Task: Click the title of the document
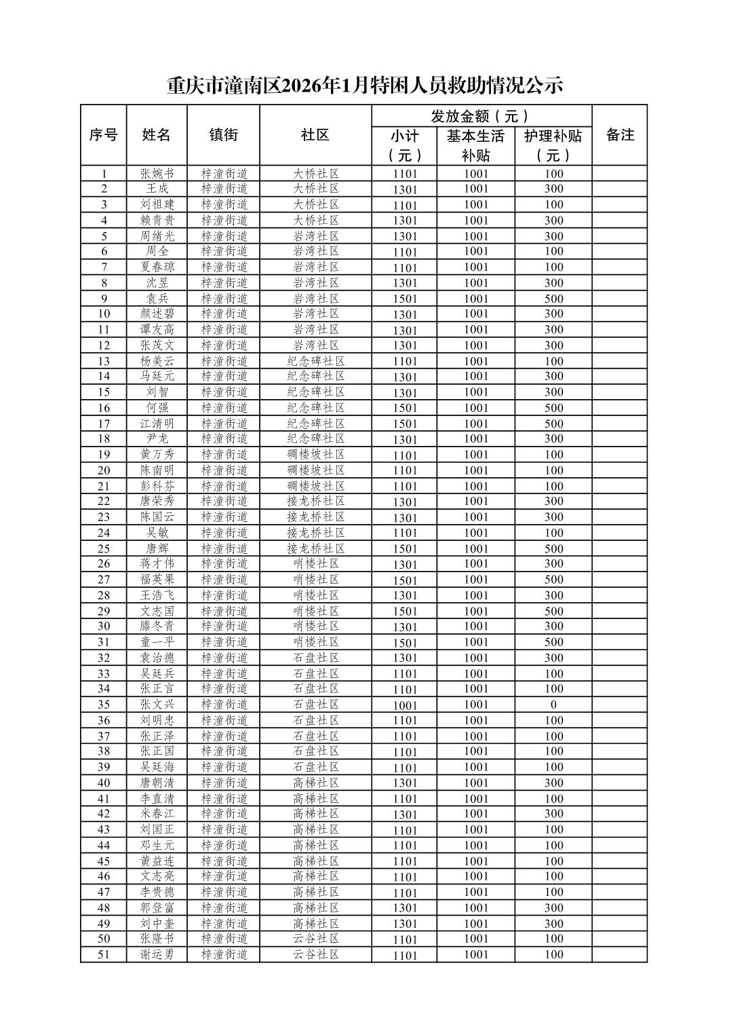pos(365,86)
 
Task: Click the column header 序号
pos(103,135)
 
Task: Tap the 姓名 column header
pos(156,135)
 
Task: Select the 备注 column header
pos(619,135)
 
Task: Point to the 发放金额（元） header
pos(481,116)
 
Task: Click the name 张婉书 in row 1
pos(157,173)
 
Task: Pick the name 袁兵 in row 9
pos(157,299)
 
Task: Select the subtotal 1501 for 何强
pos(405,408)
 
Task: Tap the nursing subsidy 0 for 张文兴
pos(553,705)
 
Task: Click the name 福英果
pos(157,580)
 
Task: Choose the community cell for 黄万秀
pos(315,455)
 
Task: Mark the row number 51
pos(104,954)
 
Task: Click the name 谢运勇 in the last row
pos(157,954)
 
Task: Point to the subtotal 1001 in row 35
pos(405,705)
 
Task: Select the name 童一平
pos(157,642)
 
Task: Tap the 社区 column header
pos(315,135)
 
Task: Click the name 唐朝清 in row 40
pos(157,783)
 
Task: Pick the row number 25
pos(104,548)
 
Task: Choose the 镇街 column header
pos(223,135)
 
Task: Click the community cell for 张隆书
pos(315,939)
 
